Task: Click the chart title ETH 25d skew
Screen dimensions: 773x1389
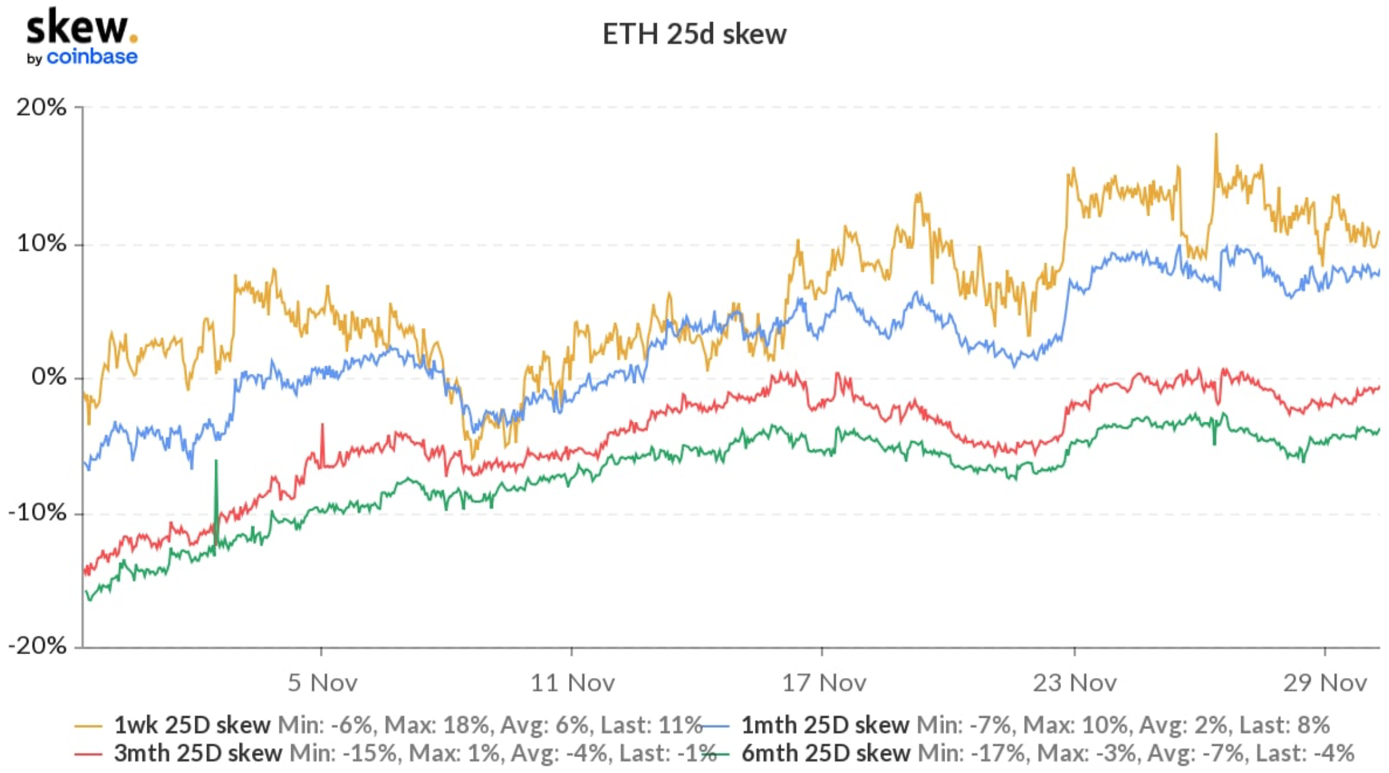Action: [694, 34]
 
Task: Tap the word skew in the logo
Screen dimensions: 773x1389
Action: [77, 27]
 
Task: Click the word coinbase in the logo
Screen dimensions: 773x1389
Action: [92, 57]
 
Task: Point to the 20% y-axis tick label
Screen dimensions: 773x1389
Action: [41, 107]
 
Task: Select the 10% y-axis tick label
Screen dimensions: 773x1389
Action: [41, 243]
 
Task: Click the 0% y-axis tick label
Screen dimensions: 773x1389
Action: [49, 377]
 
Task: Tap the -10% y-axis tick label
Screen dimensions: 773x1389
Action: [37, 513]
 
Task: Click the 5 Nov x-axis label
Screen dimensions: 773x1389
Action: [322, 683]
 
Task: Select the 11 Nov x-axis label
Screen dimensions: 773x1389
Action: [572, 683]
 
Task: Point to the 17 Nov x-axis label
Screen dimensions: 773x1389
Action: [823, 683]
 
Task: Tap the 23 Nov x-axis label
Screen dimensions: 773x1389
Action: [1074, 683]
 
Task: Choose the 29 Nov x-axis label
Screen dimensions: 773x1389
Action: [1325, 683]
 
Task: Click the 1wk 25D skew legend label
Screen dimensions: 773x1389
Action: [192, 725]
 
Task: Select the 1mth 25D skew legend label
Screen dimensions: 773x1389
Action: [825, 725]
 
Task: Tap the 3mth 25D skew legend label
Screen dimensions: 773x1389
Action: [197, 753]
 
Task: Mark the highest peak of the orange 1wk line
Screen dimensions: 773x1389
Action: [1216, 135]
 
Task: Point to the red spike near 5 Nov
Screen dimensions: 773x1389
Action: [322, 426]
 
